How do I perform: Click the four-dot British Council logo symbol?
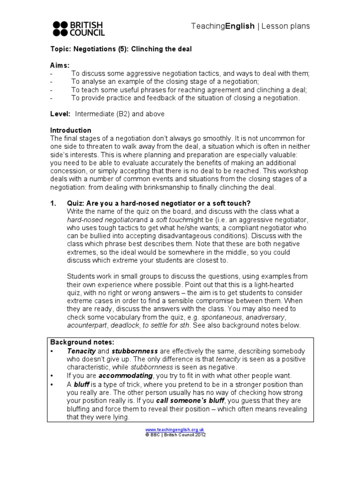(x=60, y=28)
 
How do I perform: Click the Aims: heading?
(x=60, y=65)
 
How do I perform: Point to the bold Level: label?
(x=60, y=114)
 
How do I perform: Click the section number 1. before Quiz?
(x=53, y=203)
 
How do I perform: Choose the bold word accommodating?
(x=126, y=375)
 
